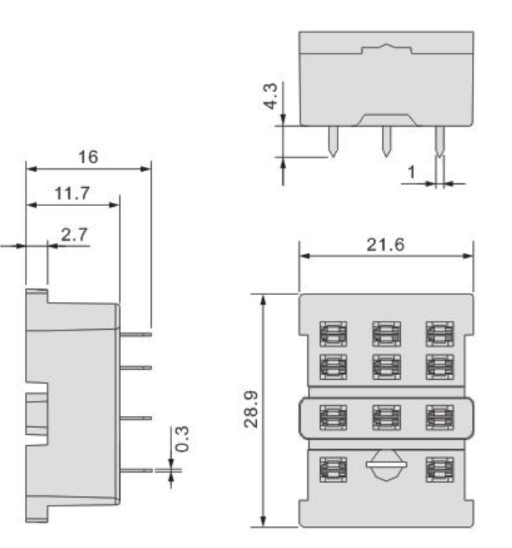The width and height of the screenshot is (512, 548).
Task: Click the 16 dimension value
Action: click(88, 157)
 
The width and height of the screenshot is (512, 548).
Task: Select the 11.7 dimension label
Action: click(72, 193)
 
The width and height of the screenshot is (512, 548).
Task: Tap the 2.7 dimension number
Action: click(74, 235)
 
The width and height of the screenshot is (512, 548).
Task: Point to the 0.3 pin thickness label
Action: click(182, 439)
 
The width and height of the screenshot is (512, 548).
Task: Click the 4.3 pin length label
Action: click(270, 96)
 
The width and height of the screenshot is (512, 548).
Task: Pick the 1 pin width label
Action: click(412, 172)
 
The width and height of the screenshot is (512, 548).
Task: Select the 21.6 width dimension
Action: click(385, 245)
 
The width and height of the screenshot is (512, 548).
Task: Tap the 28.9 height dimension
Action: click(251, 409)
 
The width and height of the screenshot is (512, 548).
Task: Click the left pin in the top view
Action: click(333, 141)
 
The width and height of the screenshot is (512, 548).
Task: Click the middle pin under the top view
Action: click(386, 141)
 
